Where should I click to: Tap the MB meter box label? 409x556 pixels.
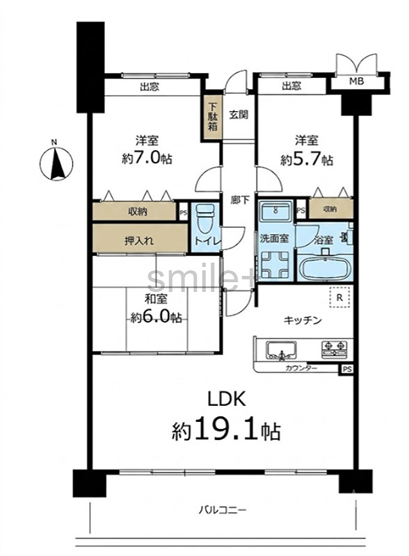pyautogui.click(x=356, y=81)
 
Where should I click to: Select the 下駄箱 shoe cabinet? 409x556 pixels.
pyautogui.click(x=213, y=117)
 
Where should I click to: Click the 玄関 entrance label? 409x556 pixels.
pyautogui.click(x=238, y=115)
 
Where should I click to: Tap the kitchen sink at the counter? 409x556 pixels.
pyautogui.click(x=282, y=350)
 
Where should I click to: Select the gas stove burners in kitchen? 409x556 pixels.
pyautogui.click(x=334, y=348)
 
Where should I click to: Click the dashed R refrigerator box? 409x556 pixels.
pyautogui.click(x=339, y=297)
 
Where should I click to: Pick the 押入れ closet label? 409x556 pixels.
pyautogui.click(x=139, y=240)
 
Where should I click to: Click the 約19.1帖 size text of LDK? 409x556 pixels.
pyautogui.click(x=226, y=430)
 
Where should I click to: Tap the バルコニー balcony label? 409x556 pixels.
pyautogui.click(x=222, y=510)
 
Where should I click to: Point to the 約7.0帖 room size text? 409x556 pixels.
pyautogui.click(x=147, y=158)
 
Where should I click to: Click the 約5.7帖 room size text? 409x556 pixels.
pyautogui.click(x=307, y=160)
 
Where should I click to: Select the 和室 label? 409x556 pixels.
pyautogui.click(x=156, y=299)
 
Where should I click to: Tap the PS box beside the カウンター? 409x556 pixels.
pyautogui.click(x=347, y=369)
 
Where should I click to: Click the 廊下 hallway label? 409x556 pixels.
pyautogui.click(x=240, y=200)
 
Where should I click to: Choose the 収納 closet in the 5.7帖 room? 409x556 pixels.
pyautogui.click(x=330, y=208)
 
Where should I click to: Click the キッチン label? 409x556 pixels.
pyautogui.click(x=302, y=320)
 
